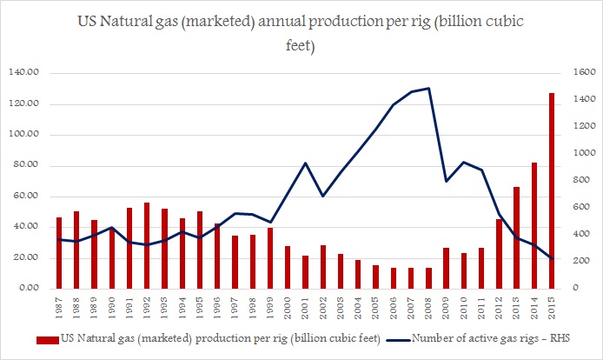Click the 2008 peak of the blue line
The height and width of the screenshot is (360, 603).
pyautogui.click(x=429, y=88)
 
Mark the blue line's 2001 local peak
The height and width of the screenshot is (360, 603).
pyautogui.click(x=305, y=163)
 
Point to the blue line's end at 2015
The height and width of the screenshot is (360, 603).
pyautogui.click(x=552, y=259)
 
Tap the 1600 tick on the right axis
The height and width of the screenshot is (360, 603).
pyautogui.click(x=579, y=74)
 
